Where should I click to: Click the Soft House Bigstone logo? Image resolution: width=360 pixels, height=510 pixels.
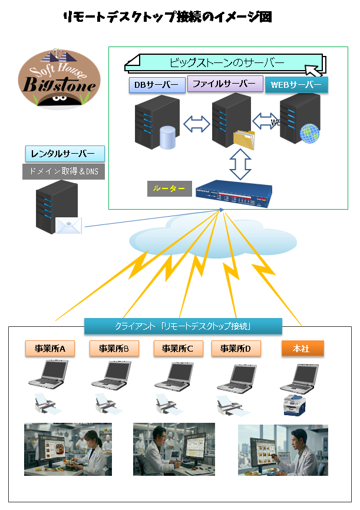point(58,80)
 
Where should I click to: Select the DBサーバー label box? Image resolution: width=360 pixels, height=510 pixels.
point(157,85)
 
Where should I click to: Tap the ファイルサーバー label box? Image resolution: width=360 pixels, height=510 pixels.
point(225,84)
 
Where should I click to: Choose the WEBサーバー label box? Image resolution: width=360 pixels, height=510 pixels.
point(296,85)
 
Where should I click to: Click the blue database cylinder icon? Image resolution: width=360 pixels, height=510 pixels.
point(168,137)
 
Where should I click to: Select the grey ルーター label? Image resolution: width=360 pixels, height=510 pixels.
point(169,188)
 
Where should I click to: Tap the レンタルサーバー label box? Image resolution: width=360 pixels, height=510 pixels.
point(65,154)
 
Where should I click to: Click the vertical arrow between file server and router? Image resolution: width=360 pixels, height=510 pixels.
point(240,164)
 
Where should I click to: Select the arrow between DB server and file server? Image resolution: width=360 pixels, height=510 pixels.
point(196,124)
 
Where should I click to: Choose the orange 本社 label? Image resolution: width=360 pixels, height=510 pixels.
point(303,348)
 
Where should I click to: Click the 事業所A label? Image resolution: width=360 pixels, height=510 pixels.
point(49,349)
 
